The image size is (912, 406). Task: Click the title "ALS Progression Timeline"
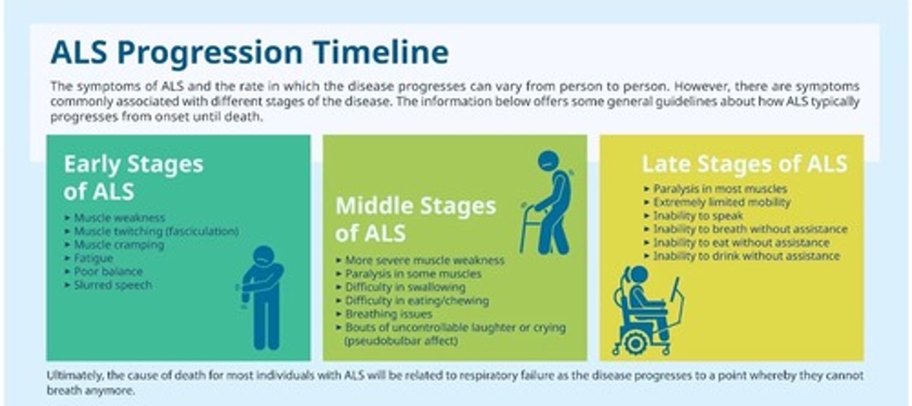coord(250,52)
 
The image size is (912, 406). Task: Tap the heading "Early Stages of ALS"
coord(133,177)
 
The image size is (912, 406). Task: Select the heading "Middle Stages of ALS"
coord(415,219)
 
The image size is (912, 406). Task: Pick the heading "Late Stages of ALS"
coord(744,164)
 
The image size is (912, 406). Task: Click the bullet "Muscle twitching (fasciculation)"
coord(156,231)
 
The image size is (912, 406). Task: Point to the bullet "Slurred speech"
coord(113,285)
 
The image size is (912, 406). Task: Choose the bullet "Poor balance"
coord(108,271)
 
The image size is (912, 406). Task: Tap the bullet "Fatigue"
coord(93,258)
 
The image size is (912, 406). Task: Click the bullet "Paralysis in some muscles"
coord(413,274)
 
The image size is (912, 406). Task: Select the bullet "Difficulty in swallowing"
coord(405,287)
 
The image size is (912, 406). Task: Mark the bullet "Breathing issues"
coord(388,314)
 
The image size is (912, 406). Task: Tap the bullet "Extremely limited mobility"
coord(721,202)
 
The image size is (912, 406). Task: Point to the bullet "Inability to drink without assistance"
coord(746,256)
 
